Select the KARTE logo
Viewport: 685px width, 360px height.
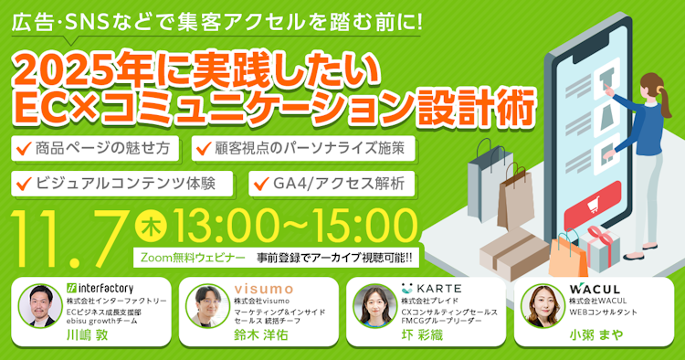pyautogui.click(x=433, y=288)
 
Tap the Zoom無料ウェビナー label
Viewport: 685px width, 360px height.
pyautogui.click(x=189, y=257)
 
